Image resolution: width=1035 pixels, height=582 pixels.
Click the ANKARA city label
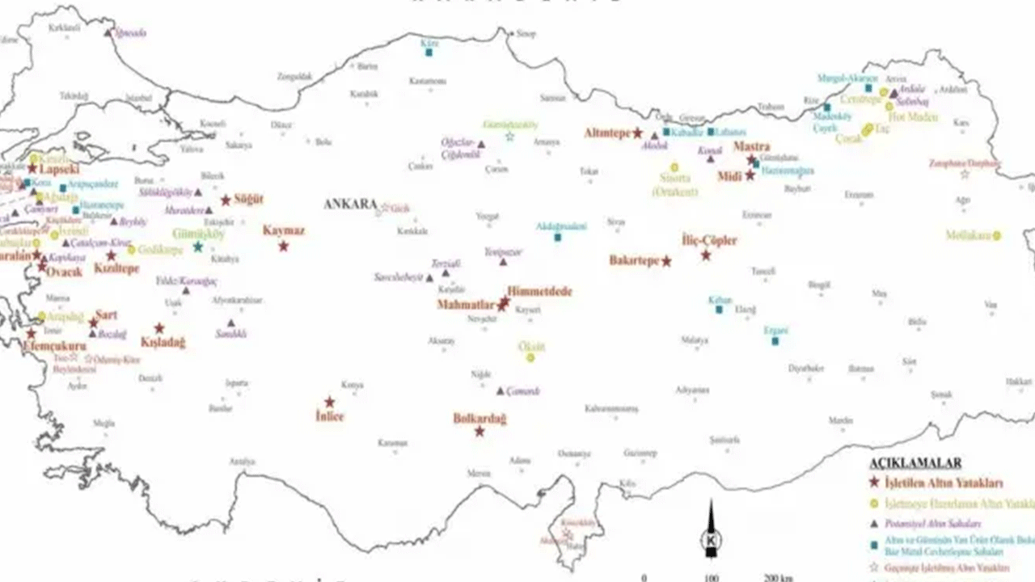coord(351,205)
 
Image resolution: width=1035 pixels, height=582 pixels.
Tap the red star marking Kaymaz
coord(284,246)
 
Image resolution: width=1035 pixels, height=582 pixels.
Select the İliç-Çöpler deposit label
coord(709,240)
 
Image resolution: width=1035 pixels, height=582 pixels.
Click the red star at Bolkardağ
coord(479,432)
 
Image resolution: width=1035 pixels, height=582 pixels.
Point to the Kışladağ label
coord(163,343)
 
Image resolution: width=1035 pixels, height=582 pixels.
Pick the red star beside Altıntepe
coord(637,133)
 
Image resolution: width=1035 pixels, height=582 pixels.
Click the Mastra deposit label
coord(751,147)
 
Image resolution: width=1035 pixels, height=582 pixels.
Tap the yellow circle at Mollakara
coord(997,235)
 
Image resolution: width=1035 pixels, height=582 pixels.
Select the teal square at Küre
coord(429,53)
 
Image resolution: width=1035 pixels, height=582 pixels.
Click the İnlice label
coord(329,416)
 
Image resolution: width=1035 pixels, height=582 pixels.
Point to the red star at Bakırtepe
coord(666,261)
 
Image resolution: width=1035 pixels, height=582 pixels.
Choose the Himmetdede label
coord(539,291)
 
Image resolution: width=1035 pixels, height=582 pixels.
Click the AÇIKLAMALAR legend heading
coord(915,463)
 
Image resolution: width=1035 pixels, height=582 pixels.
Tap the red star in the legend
coord(874,483)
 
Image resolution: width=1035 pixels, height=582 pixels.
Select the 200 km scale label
coord(777,578)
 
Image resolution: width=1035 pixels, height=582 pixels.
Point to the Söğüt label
coord(248,199)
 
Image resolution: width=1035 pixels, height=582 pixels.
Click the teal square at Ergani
coord(775,341)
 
